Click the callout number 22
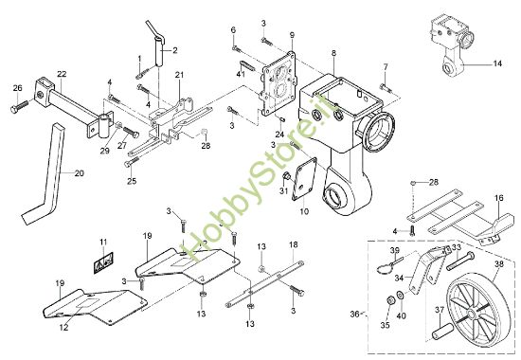tap(61, 74)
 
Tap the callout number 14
tap(498, 63)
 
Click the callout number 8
tap(333, 53)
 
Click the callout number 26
tap(17, 89)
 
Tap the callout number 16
tap(498, 200)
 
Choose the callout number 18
tap(293, 244)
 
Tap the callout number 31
tap(283, 193)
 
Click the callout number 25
tap(132, 181)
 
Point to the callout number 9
tap(292, 35)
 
